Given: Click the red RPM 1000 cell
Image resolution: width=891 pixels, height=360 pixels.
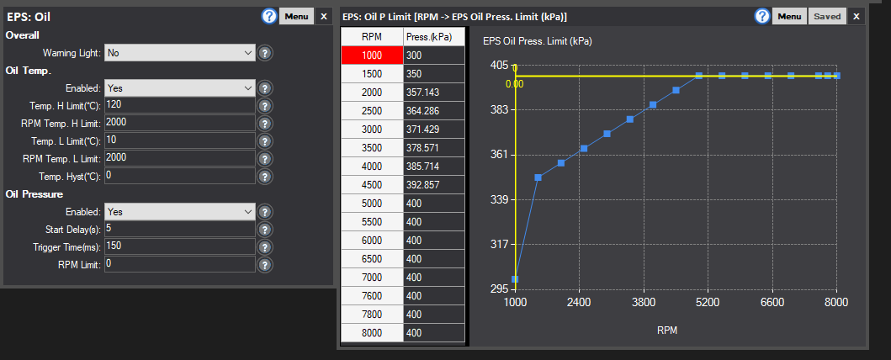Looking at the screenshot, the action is (372, 55).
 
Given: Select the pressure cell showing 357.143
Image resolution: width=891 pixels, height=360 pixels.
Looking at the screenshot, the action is (434, 92).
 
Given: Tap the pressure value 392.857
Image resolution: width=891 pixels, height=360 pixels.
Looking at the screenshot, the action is (434, 184).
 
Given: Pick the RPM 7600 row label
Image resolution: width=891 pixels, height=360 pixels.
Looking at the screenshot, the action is (372, 296).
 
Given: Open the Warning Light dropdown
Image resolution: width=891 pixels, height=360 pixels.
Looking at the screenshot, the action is (180, 53).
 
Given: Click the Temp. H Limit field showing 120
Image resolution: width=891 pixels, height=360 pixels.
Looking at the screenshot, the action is (180, 106).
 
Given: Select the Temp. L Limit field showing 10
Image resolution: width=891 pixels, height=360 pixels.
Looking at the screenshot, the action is (180, 140).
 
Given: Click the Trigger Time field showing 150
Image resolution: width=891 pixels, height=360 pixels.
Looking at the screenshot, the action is (180, 246).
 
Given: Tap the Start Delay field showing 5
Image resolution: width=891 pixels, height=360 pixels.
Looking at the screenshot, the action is (180, 229).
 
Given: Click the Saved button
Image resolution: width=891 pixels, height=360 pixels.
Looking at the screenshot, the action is (827, 17).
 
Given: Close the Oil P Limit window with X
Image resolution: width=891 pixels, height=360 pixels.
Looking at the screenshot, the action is (857, 17).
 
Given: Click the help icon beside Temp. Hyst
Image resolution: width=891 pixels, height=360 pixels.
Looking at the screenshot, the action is (265, 177).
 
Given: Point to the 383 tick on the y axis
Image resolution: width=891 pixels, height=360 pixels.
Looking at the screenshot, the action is (499, 109).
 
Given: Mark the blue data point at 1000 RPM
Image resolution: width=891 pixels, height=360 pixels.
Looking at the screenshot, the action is (515, 279).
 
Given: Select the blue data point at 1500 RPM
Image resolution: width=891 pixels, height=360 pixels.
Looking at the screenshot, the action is (538, 177).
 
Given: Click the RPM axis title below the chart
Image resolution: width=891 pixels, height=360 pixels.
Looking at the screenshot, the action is (667, 330).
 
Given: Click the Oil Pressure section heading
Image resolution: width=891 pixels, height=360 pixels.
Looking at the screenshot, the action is (34, 194).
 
